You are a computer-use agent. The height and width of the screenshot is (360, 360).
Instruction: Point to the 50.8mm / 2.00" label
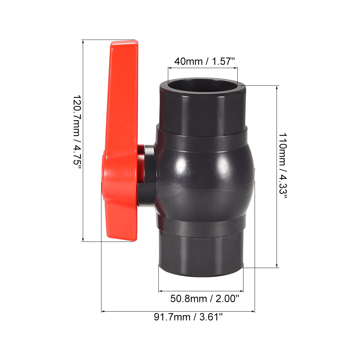coord(205,298)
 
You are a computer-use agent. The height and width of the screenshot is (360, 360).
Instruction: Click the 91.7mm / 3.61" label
coord(188,317)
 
